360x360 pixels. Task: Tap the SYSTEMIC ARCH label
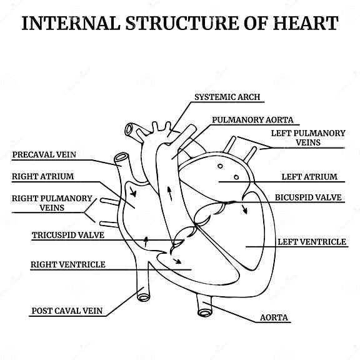[x=227, y=97]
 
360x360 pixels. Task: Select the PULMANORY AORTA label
[x=252, y=119]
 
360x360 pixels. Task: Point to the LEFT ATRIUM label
[x=309, y=177]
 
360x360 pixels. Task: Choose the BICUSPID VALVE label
[x=308, y=197]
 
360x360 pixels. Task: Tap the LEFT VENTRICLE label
[x=311, y=241]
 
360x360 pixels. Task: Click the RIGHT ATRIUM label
[x=42, y=176]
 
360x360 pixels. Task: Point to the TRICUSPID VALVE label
[x=67, y=236]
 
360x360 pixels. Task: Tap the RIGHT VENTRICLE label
[x=68, y=264]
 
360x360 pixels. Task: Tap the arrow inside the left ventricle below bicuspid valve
[x=244, y=208]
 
